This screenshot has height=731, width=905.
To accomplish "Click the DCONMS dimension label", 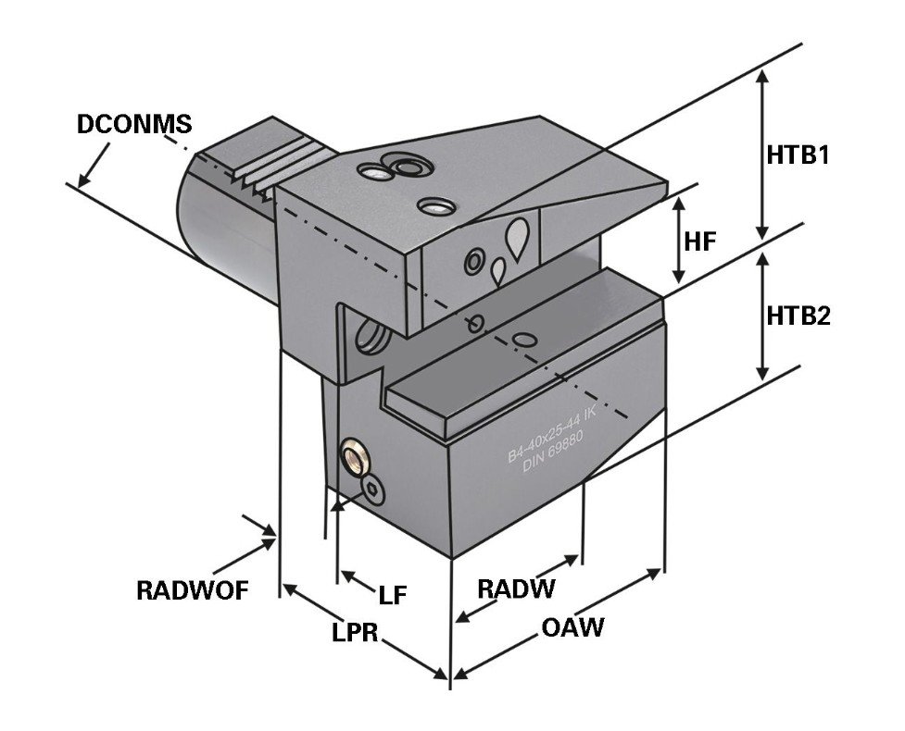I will (x=134, y=124).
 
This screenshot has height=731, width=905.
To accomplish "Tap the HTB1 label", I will (x=797, y=155).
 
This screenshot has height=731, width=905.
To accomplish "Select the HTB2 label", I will (x=798, y=316).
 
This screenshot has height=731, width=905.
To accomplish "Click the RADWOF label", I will (x=192, y=589).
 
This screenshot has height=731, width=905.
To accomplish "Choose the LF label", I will (x=393, y=594).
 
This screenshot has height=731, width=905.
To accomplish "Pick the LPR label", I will (x=357, y=634).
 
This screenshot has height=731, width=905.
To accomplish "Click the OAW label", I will (x=572, y=627).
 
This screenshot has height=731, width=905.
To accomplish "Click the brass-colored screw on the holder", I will (x=354, y=456).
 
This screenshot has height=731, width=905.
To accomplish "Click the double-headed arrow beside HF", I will (x=679, y=241).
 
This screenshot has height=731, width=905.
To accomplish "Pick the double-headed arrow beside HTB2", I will (x=761, y=315).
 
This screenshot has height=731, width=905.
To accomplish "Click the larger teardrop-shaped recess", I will (x=519, y=238).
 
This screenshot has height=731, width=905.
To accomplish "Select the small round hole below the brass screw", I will (x=372, y=488).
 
